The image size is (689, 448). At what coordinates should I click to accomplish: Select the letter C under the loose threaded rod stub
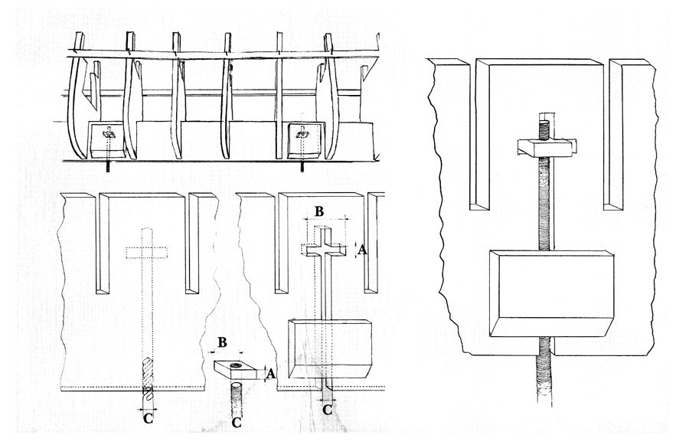[237, 422]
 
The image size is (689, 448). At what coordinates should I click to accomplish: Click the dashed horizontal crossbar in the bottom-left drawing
[145, 253]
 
